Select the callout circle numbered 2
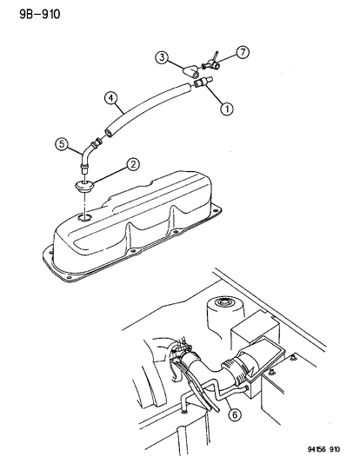click(132, 163)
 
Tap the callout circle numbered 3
click(162, 58)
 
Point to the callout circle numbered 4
click(111, 97)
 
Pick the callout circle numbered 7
click(243, 54)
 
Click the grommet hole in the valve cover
click(83, 218)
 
